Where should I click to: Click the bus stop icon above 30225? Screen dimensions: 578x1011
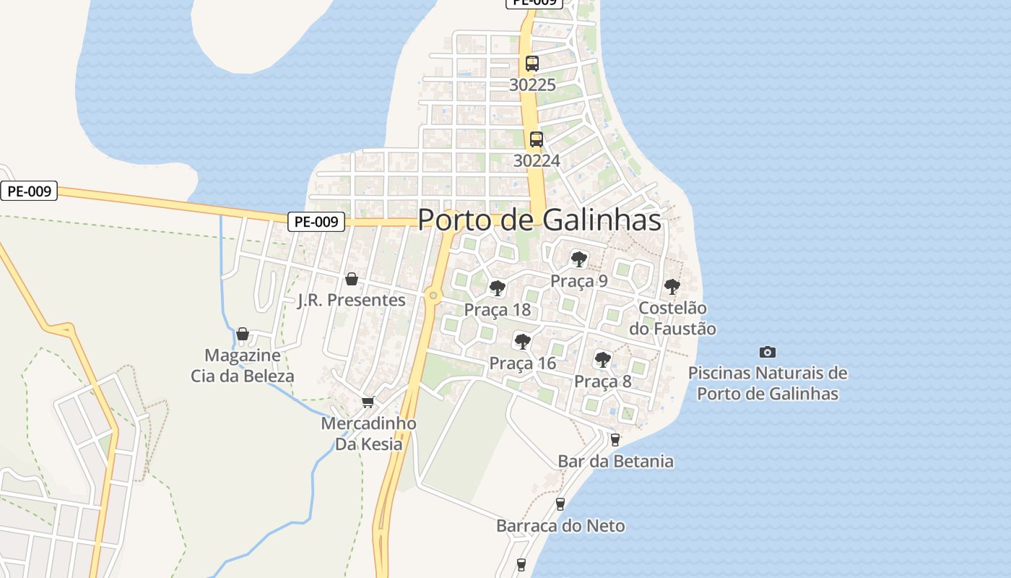532,64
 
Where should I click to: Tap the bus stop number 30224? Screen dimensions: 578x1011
537,160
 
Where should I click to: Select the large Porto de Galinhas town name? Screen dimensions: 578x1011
539,220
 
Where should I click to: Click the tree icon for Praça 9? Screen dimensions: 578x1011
578,259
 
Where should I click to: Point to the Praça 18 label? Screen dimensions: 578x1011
497,310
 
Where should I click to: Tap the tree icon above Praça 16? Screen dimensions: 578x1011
522,341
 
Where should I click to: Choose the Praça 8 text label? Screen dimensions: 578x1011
602,381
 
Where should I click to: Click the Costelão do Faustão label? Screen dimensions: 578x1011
672,319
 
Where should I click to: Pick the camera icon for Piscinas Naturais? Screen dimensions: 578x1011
768,352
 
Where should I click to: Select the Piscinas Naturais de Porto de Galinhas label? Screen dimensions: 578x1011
768,384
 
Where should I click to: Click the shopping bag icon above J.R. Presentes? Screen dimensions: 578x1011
352,279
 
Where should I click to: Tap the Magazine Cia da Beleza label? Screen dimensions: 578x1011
243,366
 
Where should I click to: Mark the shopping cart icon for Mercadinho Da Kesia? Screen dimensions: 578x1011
368,402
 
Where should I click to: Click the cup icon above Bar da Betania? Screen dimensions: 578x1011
615,439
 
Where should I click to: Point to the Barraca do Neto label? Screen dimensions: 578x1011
560,526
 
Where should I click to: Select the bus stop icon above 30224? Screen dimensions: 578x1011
536,139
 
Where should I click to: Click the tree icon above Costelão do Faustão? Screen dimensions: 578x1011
672,287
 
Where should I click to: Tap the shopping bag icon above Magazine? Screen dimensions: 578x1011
243,334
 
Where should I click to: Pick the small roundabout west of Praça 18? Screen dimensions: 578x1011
433,295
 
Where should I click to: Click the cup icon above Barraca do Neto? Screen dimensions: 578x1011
560,504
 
